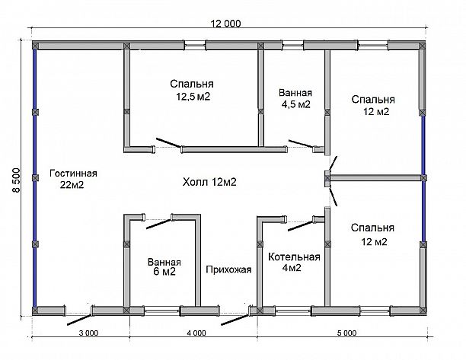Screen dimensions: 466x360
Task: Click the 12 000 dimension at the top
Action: pos(225,24)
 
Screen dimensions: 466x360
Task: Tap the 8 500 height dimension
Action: pos(16,180)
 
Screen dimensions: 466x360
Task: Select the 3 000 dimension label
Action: pos(88,333)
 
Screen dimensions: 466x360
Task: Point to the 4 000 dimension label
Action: pos(196,333)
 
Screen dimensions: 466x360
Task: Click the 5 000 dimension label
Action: pos(346,333)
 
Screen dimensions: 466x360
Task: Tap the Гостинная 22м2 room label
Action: pos(73,179)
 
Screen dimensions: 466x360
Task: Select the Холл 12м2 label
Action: pos(209,182)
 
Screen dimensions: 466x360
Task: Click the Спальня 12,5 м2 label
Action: pos(192,91)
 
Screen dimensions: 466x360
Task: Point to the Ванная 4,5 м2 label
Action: pos(295,99)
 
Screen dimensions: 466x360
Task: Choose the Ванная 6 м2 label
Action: pos(164,266)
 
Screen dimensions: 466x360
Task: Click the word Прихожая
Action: pos(228,269)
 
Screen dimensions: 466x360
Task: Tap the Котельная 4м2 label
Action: pos(294,263)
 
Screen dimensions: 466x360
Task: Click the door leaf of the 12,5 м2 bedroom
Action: pos(168,142)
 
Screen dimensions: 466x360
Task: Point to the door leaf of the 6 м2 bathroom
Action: pos(158,224)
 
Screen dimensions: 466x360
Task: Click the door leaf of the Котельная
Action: pos(301,225)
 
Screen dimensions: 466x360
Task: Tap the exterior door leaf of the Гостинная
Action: pos(80,320)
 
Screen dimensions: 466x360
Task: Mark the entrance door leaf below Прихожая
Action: pos(235,320)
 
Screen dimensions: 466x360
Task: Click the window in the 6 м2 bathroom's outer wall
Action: pos(162,311)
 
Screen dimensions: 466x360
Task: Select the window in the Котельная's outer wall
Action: pos(293,311)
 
